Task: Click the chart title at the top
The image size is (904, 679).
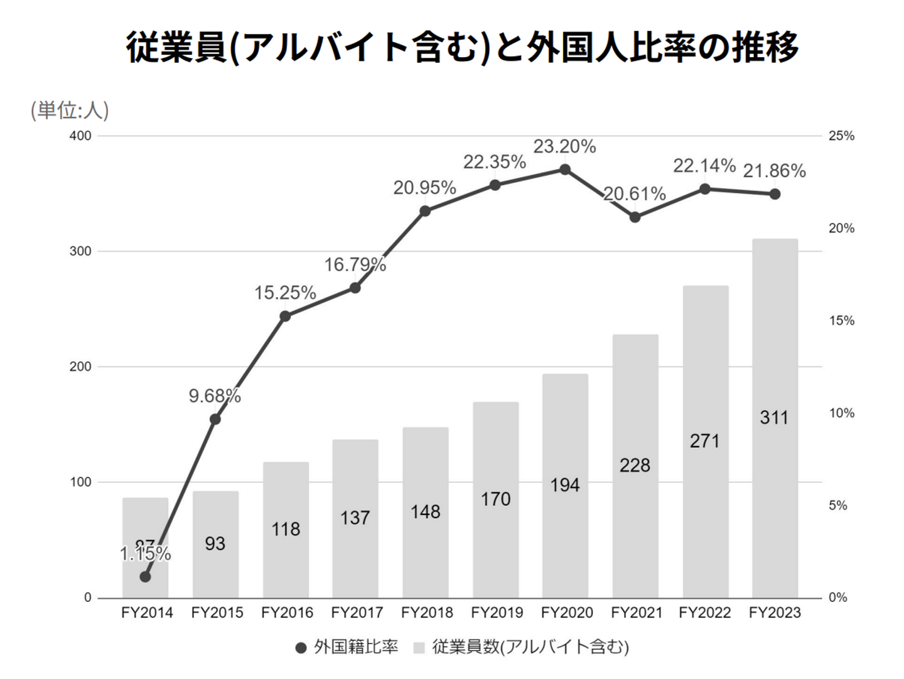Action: [462, 48]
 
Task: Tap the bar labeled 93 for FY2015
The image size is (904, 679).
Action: [215, 544]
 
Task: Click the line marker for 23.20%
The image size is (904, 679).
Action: [565, 170]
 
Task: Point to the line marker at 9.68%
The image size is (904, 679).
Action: [215, 419]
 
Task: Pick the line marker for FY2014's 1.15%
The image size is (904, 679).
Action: [145, 577]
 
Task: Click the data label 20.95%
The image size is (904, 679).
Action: [424, 188]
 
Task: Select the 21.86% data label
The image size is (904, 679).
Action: [774, 171]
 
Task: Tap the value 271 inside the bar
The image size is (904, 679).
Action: [704, 441]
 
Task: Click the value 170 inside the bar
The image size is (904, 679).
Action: [495, 499]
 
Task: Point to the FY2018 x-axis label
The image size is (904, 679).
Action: [427, 613]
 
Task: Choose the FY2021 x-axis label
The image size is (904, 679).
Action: [636, 613]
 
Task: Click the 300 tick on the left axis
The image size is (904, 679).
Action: [80, 251]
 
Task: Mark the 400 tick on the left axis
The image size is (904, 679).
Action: [80, 136]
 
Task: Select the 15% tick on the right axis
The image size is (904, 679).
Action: [841, 321]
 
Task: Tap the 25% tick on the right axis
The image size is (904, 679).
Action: [841, 136]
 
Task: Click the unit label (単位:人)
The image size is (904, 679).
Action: [70, 111]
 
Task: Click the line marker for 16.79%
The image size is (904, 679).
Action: [355, 288]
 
